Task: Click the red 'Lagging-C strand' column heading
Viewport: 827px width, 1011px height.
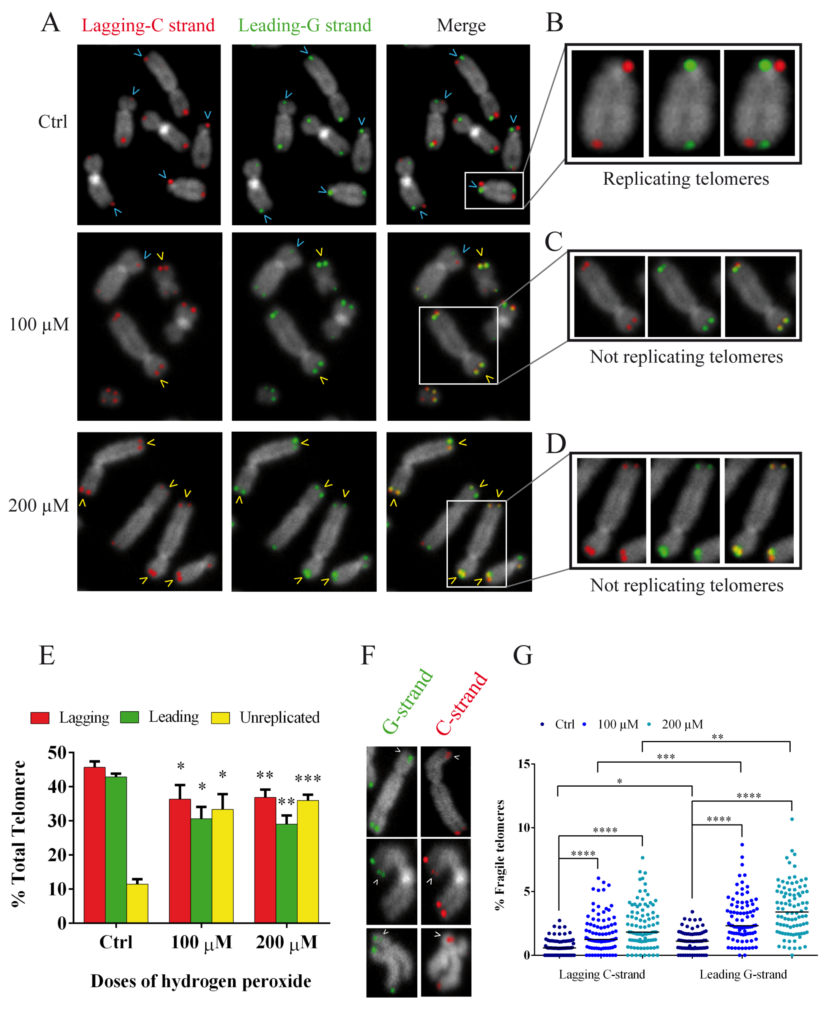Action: [x=148, y=25]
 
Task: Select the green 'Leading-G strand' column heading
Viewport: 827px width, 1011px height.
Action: [x=304, y=25]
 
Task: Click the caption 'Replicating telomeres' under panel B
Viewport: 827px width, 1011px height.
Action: [x=686, y=179]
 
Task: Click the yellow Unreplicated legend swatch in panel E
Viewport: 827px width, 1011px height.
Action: [x=220, y=717]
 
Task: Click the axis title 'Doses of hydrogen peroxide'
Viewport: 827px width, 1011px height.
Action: [x=201, y=981]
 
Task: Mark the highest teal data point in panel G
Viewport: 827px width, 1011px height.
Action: [x=792, y=819]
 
